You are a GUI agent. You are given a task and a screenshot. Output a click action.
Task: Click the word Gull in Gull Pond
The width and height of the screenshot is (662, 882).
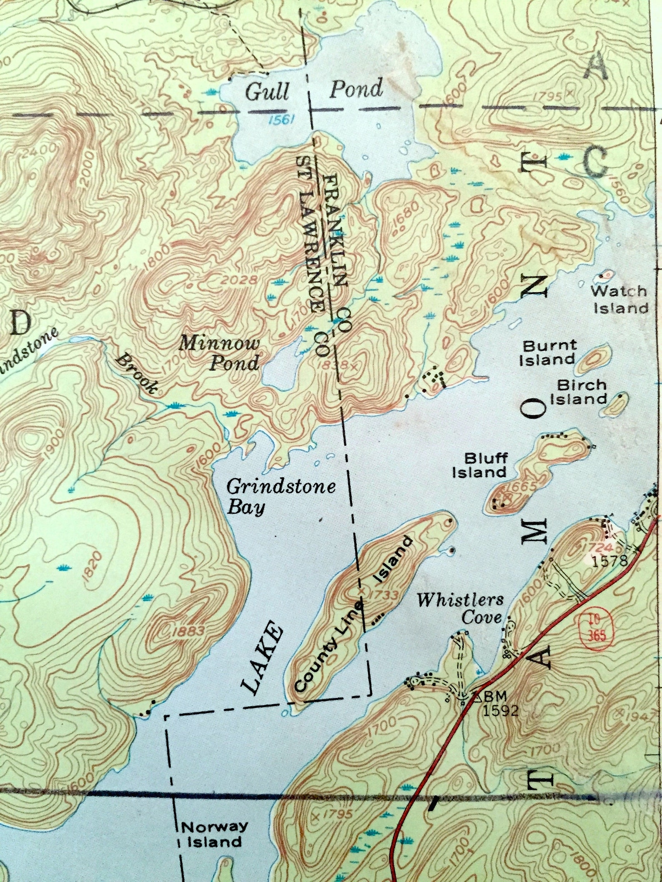coord(267,92)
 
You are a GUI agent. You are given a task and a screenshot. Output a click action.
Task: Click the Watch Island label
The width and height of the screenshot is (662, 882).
coord(620,300)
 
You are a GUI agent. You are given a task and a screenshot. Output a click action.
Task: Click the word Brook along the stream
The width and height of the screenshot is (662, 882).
coord(137,374)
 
